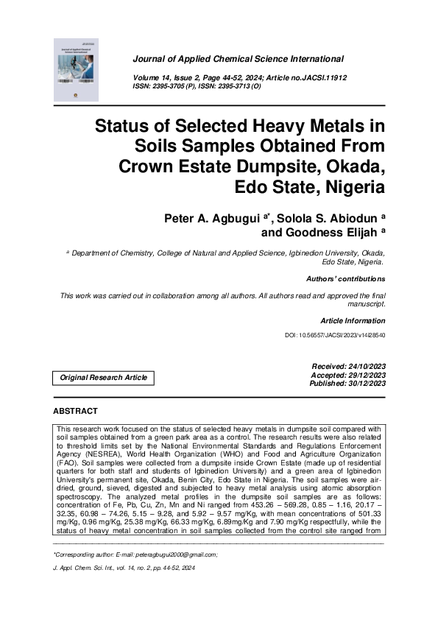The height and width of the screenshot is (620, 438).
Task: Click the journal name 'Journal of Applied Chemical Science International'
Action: pos(238,58)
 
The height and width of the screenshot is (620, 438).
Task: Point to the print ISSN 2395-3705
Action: pos(176,85)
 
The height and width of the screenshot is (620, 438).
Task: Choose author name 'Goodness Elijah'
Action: pos(331,234)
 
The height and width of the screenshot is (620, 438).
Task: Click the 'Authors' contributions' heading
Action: pos(345,280)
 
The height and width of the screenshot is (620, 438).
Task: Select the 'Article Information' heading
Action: pos(353,321)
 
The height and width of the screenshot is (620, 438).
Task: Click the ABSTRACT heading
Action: pos(76,410)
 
